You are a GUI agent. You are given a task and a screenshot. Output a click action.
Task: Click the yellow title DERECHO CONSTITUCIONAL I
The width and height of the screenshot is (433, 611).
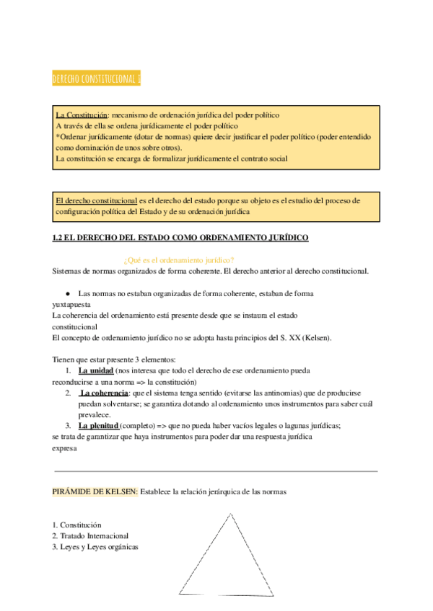tap(96, 79)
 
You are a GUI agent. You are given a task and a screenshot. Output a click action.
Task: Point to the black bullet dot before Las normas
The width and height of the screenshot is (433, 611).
tap(67, 294)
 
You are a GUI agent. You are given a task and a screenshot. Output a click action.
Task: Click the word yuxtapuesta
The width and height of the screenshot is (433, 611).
tap(71, 304)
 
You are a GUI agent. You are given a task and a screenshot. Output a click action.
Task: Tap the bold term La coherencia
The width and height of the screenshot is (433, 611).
tap(105, 393)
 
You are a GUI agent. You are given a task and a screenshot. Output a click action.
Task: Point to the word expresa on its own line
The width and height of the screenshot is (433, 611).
tap(64, 447)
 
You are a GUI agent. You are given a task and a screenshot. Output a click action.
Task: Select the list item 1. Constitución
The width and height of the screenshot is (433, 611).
tap(77, 525)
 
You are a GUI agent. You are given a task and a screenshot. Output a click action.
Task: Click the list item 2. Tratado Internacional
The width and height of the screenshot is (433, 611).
tap(90, 536)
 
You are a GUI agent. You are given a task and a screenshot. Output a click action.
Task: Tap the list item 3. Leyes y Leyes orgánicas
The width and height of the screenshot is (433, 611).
tap(95, 547)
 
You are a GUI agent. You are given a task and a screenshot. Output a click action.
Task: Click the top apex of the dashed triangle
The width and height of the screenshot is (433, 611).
tap(232, 513)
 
